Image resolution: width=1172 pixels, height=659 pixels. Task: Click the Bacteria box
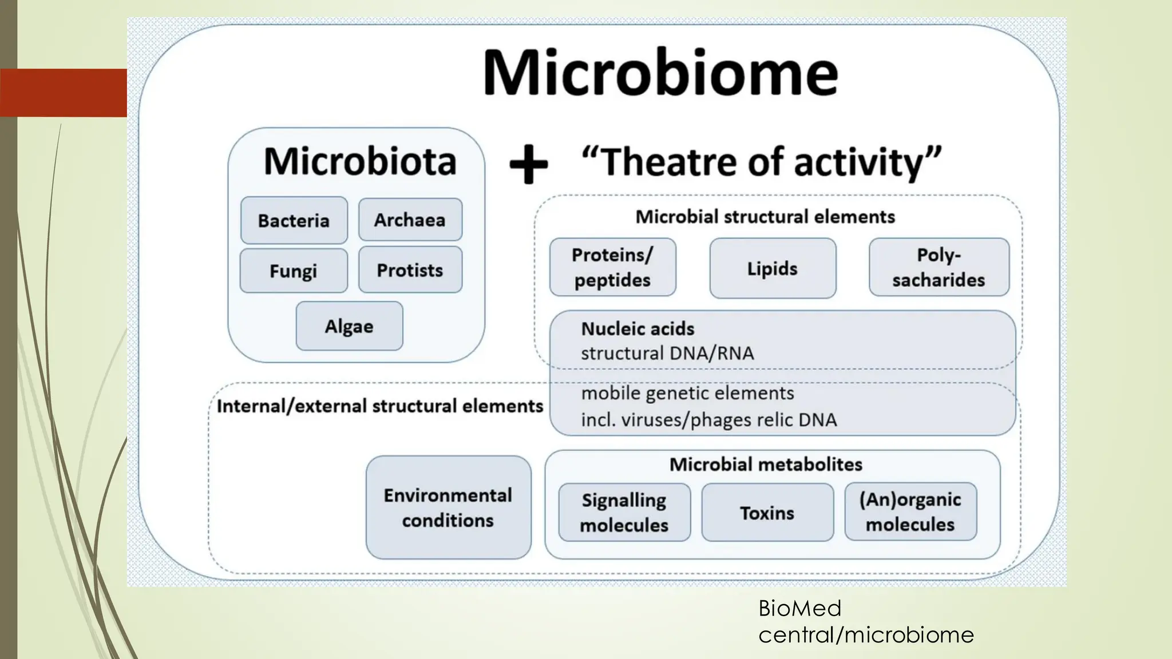tap(294, 221)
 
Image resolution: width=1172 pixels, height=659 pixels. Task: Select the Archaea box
tap(410, 220)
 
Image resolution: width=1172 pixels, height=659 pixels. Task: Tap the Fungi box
tap(293, 271)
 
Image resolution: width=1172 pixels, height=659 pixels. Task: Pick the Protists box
tap(410, 270)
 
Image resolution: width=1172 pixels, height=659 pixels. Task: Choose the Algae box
tap(349, 326)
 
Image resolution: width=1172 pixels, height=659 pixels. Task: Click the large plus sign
tap(528, 164)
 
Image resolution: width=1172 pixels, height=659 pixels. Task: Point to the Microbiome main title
tap(660, 73)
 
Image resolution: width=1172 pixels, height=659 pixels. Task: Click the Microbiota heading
tap(360, 161)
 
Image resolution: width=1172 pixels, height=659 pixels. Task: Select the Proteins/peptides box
tap(612, 267)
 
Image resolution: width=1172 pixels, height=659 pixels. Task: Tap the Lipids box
tap(773, 268)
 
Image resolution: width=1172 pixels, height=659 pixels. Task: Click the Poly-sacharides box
tap(939, 267)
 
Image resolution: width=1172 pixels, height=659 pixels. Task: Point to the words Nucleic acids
tap(638, 329)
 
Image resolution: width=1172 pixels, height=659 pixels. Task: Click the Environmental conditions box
tap(448, 507)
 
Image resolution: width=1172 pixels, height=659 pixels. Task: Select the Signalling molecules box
tap(624, 513)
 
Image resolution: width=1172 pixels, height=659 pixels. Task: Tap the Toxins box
tap(767, 513)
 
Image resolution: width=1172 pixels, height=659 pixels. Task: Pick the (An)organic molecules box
tap(910, 512)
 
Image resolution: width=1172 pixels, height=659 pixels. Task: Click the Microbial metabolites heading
tap(766, 465)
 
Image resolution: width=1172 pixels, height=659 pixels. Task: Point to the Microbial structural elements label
tap(765, 217)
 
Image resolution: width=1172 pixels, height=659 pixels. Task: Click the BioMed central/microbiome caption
tap(865, 621)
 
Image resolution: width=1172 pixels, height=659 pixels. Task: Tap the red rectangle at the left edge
tap(64, 93)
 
